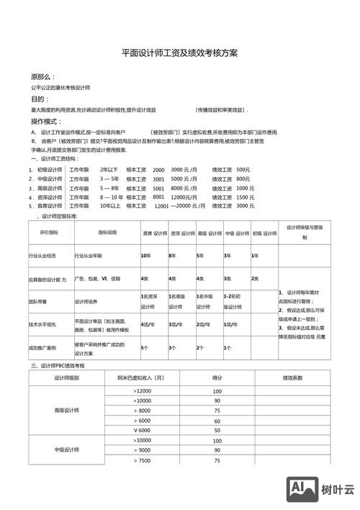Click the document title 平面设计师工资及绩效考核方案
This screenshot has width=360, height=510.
click(x=179, y=53)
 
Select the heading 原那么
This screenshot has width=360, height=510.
click(x=42, y=76)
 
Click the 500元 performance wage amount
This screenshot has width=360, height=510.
click(x=243, y=169)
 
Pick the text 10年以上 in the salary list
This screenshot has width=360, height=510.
click(x=109, y=205)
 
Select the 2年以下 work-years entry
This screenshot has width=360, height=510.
click(x=109, y=169)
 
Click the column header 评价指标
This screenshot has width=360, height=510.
click(x=39, y=233)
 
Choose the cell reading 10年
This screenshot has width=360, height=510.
click(x=145, y=256)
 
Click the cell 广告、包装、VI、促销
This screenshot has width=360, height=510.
click(x=97, y=278)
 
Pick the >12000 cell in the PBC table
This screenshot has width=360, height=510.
click(x=142, y=390)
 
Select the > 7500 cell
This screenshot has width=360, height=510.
click(x=142, y=460)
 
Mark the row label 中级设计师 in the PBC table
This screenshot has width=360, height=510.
click(x=66, y=450)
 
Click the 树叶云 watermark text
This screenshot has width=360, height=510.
click(x=338, y=490)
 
